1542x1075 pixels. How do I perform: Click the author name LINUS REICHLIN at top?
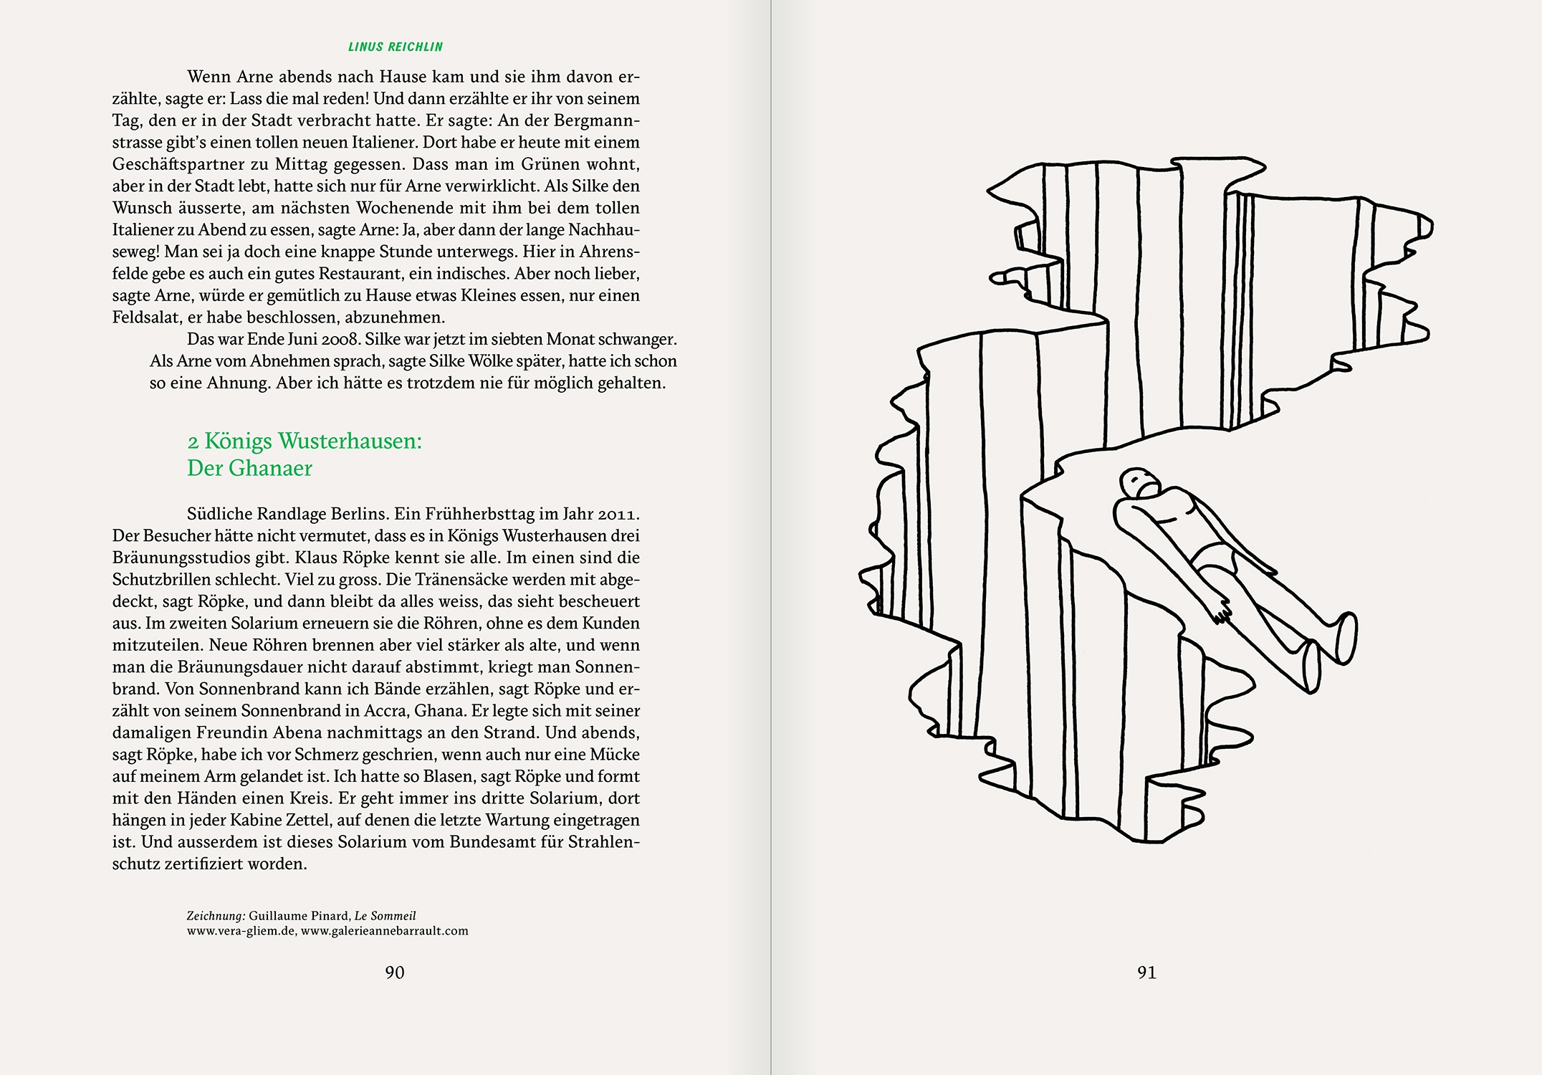pos(395,47)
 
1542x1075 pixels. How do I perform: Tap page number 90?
pos(395,973)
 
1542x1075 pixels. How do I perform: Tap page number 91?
pos(1146,973)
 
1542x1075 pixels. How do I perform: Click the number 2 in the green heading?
pos(192,441)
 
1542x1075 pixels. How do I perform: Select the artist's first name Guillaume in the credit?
pos(279,916)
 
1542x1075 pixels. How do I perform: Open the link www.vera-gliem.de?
pos(241,931)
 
